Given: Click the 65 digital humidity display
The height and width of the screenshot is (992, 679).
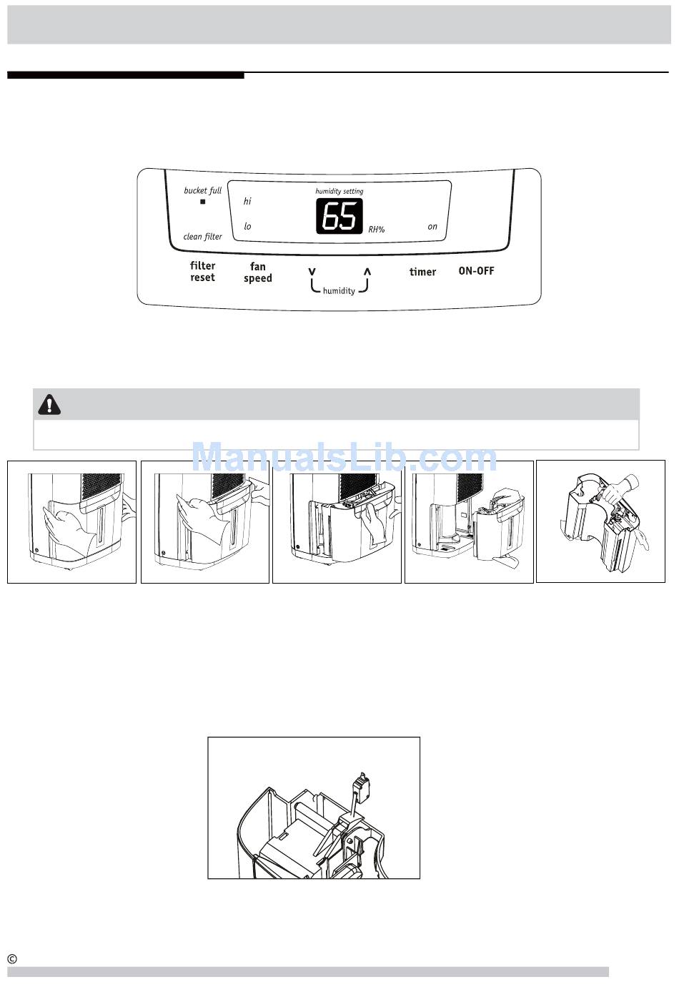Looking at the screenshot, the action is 339,216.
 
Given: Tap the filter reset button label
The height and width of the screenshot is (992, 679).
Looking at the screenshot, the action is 202,272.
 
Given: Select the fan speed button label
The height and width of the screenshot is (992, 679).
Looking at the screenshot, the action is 257,272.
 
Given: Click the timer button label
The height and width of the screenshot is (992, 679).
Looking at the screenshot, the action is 422,272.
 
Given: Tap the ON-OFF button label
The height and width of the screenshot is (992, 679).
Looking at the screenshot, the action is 476,271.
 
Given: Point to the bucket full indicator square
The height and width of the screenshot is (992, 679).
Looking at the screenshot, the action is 202,202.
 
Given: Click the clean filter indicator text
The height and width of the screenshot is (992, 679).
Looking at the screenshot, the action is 202,237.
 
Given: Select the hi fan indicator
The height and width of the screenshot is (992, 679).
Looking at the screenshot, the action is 247,202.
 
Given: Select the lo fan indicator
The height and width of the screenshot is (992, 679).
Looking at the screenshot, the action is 247,227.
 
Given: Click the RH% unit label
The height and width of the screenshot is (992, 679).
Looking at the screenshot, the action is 377,230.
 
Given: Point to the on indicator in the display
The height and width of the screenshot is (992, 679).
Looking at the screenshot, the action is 432,227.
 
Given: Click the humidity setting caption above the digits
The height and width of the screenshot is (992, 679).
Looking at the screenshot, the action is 339,191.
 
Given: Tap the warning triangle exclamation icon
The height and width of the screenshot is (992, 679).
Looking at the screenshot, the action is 49,405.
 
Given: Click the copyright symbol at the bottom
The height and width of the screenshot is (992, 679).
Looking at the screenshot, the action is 12,959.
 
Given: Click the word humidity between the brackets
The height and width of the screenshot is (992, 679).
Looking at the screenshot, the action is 339,291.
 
